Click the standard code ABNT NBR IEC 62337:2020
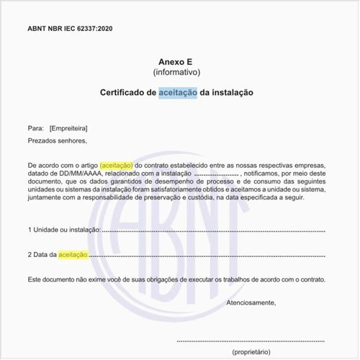coord(70,29)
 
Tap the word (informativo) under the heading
coord(176,73)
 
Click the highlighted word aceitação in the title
coord(179,93)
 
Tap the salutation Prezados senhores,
coord(57,140)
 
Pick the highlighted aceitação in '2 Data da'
coord(73,254)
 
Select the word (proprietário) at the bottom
coord(251,352)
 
